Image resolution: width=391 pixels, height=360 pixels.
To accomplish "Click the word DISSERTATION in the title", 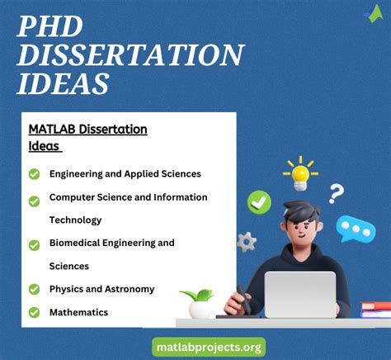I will [130, 55].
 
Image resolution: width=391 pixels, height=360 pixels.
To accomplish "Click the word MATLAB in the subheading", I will [52, 130].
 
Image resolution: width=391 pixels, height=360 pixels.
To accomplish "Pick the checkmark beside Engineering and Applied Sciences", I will [34, 174].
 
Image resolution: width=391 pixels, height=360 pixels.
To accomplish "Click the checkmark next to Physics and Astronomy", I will [34, 289].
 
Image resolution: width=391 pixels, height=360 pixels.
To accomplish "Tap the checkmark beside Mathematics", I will [34, 312].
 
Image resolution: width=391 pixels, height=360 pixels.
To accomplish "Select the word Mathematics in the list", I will [78, 313].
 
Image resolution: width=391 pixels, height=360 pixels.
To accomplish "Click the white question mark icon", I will [336, 195].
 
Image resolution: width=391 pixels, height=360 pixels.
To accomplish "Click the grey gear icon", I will [246, 242].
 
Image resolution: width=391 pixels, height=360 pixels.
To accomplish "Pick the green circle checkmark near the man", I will [259, 201].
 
